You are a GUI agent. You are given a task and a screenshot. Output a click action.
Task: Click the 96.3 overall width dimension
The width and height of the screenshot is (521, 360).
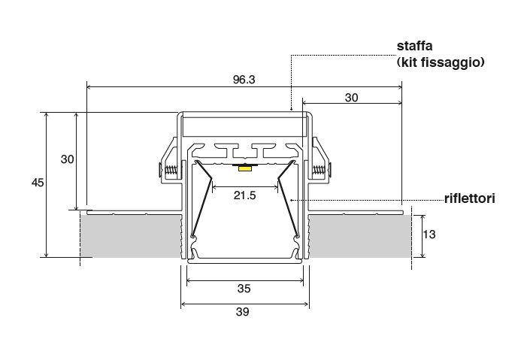pos(244,80)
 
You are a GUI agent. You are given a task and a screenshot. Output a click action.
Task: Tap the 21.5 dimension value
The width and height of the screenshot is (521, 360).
pos(244,195)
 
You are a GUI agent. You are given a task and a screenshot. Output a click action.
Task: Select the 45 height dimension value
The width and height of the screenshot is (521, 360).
pos(38,183)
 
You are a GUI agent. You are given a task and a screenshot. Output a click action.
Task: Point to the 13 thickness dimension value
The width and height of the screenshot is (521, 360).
pos(429,234)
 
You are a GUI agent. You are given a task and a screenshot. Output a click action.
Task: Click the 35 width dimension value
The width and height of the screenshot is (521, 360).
pos(244,289)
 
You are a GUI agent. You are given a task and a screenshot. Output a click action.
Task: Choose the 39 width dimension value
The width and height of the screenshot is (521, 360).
pos(243,312)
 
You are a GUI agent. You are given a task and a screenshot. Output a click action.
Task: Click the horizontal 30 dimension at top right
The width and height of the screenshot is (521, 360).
pos(352,98)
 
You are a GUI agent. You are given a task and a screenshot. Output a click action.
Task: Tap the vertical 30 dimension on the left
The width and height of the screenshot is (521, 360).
pos(67,159)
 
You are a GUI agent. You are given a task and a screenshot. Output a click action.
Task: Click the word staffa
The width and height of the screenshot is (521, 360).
pos(415,46)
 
